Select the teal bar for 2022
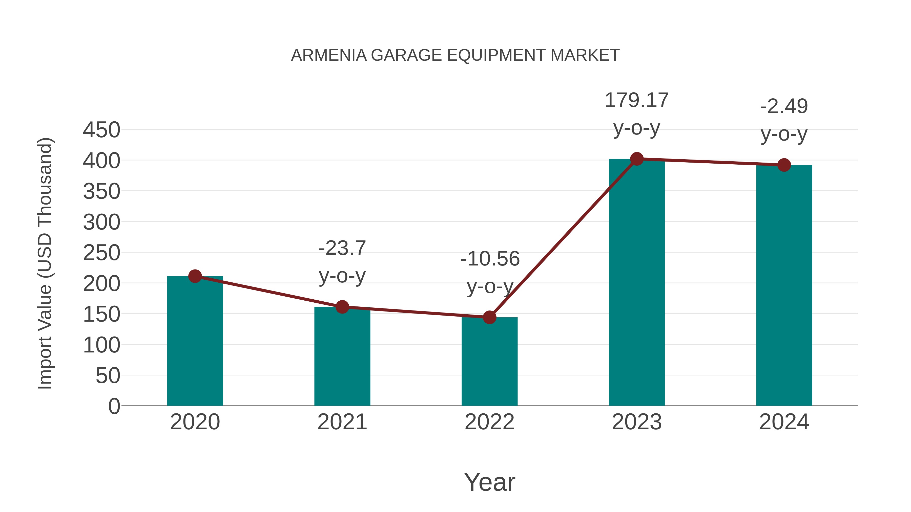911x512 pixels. point(489,364)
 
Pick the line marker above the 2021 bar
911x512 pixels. point(342,307)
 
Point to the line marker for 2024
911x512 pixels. point(784,165)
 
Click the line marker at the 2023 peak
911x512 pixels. point(637,159)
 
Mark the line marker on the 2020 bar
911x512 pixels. point(195,276)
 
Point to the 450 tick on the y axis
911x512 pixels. point(101,130)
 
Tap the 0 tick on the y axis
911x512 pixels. point(114,406)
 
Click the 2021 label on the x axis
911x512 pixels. point(342,422)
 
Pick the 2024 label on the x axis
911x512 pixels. point(784,422)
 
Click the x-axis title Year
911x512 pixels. point(489,482)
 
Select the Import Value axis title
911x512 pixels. point(45,263)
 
